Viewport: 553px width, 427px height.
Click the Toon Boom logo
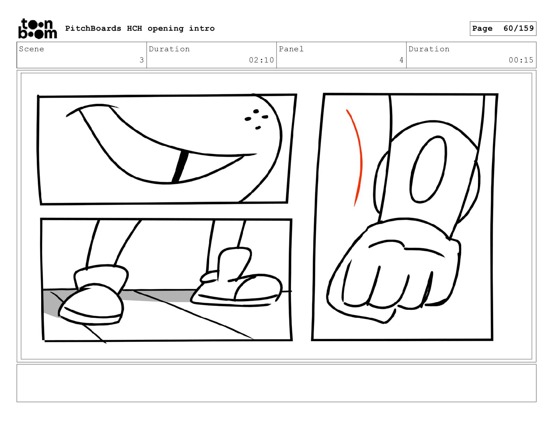[38, 29]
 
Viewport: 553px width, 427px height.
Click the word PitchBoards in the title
[93, 28]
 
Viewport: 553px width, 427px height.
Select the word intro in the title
[201, 29]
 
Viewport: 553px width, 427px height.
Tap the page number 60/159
[518, 28]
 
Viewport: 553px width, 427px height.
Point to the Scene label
[31, 49]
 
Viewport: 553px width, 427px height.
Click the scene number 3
[142, 60]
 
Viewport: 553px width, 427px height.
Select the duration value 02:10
[261, 60]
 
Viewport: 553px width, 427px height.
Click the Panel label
[291, 49]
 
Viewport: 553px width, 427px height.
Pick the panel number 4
[401, 60]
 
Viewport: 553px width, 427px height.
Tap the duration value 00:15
[521, 60]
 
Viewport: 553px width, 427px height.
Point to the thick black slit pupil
[180, 167]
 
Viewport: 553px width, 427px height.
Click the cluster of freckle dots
[256, 119]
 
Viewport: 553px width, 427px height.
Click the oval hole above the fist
[428, 170]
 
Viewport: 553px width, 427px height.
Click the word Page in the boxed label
[482, 29]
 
